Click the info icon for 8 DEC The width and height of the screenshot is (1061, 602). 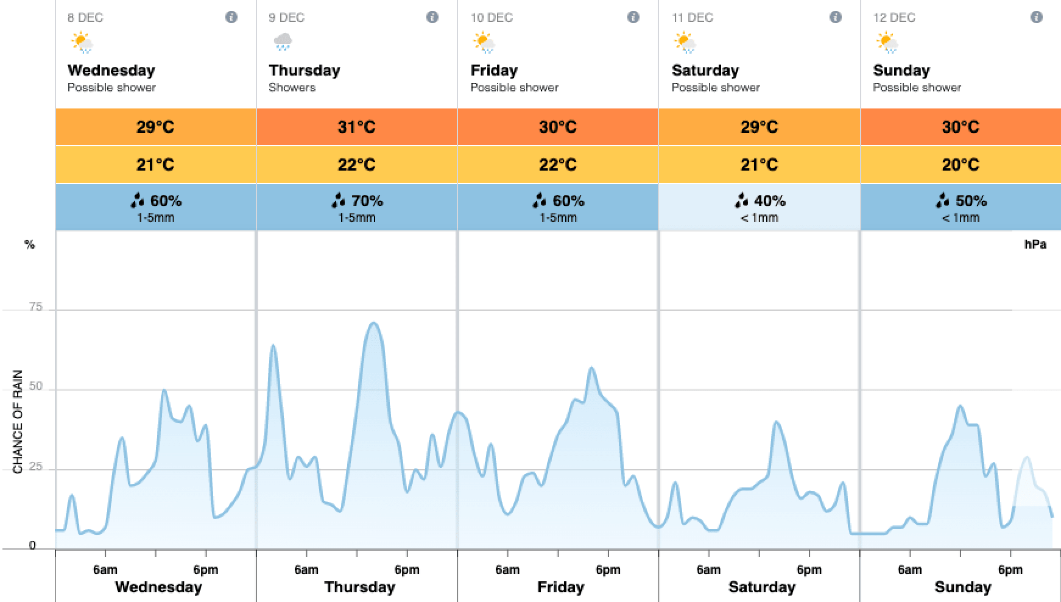coord(231,17)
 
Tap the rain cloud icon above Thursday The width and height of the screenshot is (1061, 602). coord(283,43)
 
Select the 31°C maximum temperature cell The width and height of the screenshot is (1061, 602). coord(356,127)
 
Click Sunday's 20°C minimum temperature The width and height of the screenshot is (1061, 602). coord(961,165)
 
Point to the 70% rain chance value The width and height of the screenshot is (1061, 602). coord(358,200)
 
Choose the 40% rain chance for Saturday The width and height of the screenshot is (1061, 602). coord(760,200)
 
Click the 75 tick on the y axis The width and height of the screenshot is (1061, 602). coord(36,307)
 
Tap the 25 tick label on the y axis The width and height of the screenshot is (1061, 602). coord(36,467)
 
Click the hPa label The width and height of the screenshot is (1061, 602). coord(1035,245)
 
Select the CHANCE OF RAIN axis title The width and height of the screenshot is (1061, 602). coord(18,422)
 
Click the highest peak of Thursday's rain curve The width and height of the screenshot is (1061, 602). coord(373,323)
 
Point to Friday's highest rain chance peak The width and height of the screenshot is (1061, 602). coord(591,367)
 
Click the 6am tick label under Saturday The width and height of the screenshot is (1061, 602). coord(708,570)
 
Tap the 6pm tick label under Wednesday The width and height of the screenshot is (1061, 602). coord(205,570)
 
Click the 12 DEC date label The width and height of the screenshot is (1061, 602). coord(894,18)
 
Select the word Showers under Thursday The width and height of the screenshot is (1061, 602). coord(292,88)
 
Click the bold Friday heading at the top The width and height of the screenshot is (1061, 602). coord(494,71)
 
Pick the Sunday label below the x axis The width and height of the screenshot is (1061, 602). coord(962,587)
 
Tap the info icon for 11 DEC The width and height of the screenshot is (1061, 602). coord(836,17)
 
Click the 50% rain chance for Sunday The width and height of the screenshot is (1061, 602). coord(961,200)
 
